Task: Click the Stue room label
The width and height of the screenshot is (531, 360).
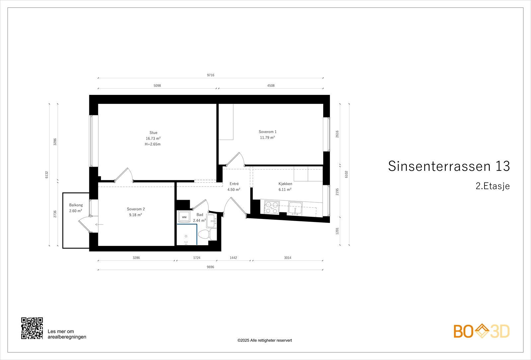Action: [153, 133]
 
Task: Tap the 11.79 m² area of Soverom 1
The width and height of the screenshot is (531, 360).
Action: [267, 138]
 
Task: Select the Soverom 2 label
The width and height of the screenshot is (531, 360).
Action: [136, 209]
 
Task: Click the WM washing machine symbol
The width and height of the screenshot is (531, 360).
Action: [184, 217]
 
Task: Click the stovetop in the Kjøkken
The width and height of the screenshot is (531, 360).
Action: [272, 208]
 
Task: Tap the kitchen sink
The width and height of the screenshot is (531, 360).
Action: [295, 208]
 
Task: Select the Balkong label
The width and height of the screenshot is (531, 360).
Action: [76, 205]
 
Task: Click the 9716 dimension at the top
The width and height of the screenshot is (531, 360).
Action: [210, 75]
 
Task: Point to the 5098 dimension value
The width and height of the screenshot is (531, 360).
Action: [157, 86]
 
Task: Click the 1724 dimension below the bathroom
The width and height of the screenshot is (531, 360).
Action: [197, 258]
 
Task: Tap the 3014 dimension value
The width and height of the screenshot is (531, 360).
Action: [287, 258]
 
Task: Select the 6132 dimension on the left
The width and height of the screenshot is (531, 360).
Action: [47, 175]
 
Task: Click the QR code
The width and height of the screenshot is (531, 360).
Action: [32, 328]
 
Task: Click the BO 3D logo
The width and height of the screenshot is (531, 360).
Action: [481, 331]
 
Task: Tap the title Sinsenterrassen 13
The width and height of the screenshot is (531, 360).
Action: [449, 166]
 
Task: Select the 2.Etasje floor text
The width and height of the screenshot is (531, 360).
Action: [493, 186]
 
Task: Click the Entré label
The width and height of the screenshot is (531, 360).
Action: [234, 184]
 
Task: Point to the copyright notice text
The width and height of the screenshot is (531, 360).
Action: [265, 340]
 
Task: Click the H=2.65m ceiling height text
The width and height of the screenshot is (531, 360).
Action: [153, 144]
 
